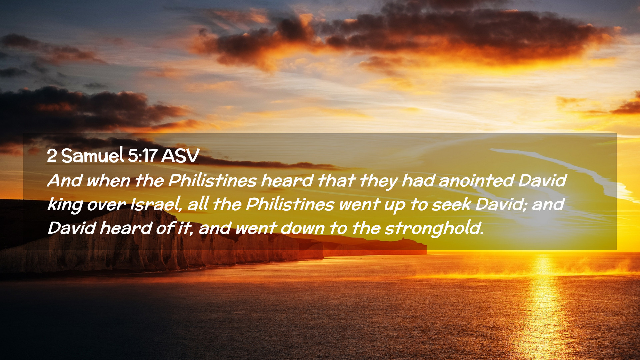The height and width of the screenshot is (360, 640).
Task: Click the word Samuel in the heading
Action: [92, 155]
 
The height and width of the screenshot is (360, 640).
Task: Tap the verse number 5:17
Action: [142, 156]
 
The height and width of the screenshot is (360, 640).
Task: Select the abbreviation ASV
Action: [180, 156]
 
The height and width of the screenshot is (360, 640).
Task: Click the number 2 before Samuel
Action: [52, 156]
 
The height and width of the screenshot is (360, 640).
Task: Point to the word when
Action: [108, 181]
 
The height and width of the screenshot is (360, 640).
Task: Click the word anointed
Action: [476, 181]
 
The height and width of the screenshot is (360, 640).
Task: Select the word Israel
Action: [156, 205]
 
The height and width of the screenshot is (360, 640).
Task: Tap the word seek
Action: [451, 204]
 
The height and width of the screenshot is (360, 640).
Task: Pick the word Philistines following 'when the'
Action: [212, 181]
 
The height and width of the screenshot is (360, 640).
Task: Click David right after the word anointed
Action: [542, 181]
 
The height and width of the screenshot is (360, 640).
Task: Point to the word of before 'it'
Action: [165, 228]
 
